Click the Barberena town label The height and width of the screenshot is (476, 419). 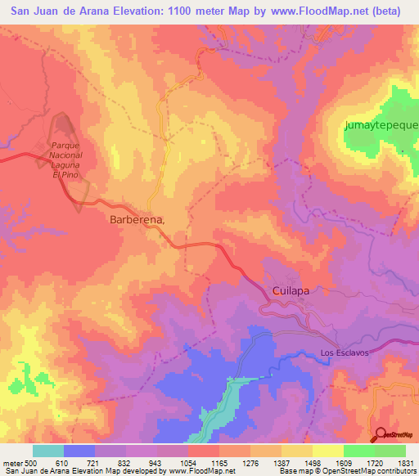pyautogui.click(x=137, y=220)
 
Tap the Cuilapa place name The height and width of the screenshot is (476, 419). pyautogui.click(x=293, y=290)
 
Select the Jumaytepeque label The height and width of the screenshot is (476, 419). pyautogui.click(x=381, y=125)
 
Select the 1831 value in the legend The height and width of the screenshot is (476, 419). pyautogui.click(x=405, y=463)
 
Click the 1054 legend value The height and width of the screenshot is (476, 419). pyautogui.click(x=188, y=463)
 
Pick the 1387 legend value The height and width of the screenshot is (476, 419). pyautogui.click(x=282, y=463)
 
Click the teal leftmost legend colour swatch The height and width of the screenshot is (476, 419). pyautogui.click(x=47, y=451)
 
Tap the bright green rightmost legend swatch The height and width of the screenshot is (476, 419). pyautogui.click(x=390, y=451)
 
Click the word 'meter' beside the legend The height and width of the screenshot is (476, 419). pyautogui.click(x=11, y=463)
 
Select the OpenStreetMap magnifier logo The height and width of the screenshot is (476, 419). pyautogui.click(x=381, y=434)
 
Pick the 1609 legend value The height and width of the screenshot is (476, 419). pyautogui.click(x=344, y=463)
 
